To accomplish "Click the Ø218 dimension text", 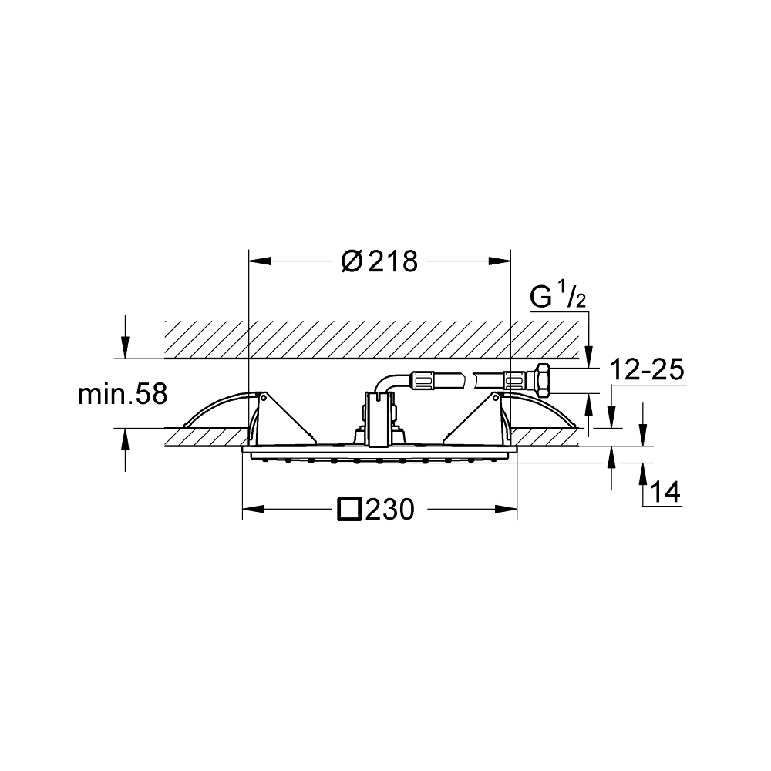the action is coord(379,261).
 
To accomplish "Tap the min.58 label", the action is coord(123,394).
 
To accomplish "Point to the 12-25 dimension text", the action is coord(646,369).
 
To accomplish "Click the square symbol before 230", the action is coord(349,510).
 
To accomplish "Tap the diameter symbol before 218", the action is coord(352,261).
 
